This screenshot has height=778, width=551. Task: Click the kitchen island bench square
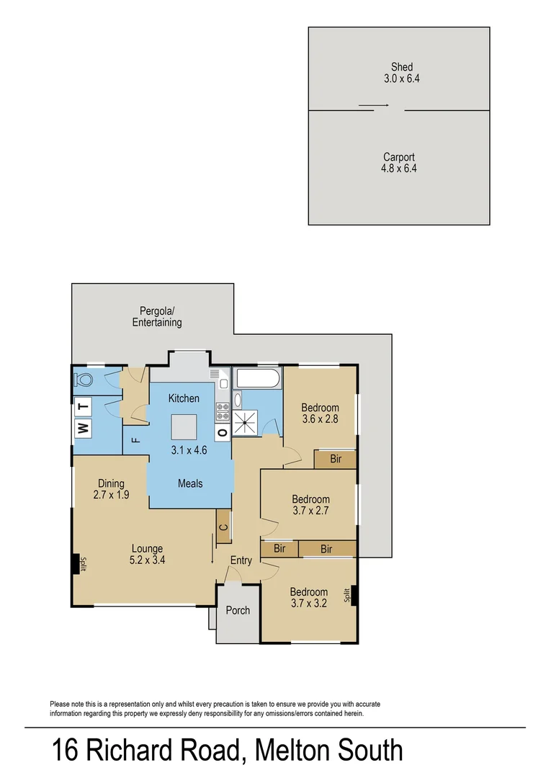point(184,426)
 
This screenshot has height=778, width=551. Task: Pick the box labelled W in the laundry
point(83,429)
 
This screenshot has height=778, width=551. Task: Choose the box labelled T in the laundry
point(83,407)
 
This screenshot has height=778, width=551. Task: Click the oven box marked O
point(223,433)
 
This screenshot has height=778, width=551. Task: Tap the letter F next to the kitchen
point(135,439)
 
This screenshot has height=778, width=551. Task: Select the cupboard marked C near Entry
point(223,527)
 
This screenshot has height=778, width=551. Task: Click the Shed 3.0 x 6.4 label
point(402,73)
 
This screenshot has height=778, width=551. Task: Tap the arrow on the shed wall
point(374,106)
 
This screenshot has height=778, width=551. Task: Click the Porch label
point(238,610)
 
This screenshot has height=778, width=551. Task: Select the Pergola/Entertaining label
point(157,317)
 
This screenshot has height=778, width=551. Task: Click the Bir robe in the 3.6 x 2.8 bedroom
point(336,459)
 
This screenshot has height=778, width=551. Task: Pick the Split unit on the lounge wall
point(75,564)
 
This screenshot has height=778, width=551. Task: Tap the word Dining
point(111,483)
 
